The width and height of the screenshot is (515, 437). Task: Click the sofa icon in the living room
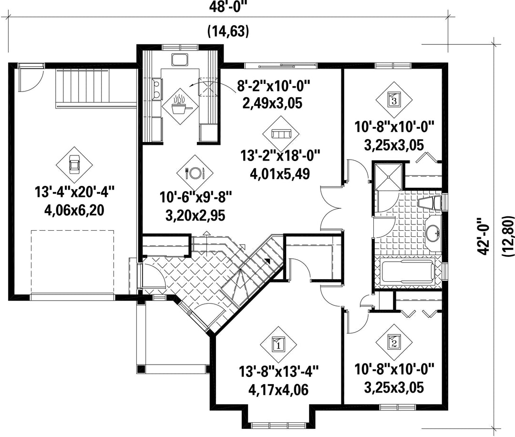click(x=281, y=134)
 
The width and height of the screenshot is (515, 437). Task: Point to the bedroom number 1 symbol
click(x=278, y=345)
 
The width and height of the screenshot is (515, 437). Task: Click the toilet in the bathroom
click(x=430, y=203)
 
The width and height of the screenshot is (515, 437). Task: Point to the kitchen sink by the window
click(x=179, y=60)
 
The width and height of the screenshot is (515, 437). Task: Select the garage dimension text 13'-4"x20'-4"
click(x=74, y=192)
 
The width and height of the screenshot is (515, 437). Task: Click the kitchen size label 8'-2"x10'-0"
click(x=274, y=87)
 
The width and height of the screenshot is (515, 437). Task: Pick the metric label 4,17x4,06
click(x=278, y=390)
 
